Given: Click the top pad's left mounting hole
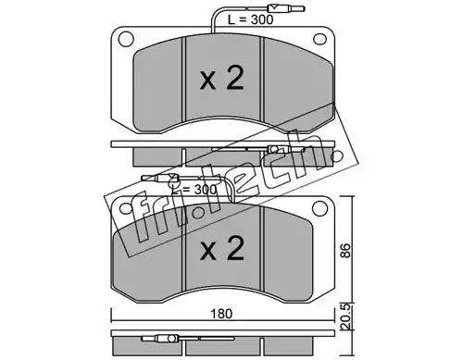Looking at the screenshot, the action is tap(126, 39).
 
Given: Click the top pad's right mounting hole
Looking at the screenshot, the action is tap(319, 39).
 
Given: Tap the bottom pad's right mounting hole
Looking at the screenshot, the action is tap(319, 208).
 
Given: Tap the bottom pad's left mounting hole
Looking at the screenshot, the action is tap(126, 209).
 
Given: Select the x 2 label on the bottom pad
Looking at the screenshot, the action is tap(222, 248).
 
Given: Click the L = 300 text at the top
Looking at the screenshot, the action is tap(251, 19).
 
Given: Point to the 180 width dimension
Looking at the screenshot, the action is tap(221, 314).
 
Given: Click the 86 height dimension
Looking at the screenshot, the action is tap(346, 251).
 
